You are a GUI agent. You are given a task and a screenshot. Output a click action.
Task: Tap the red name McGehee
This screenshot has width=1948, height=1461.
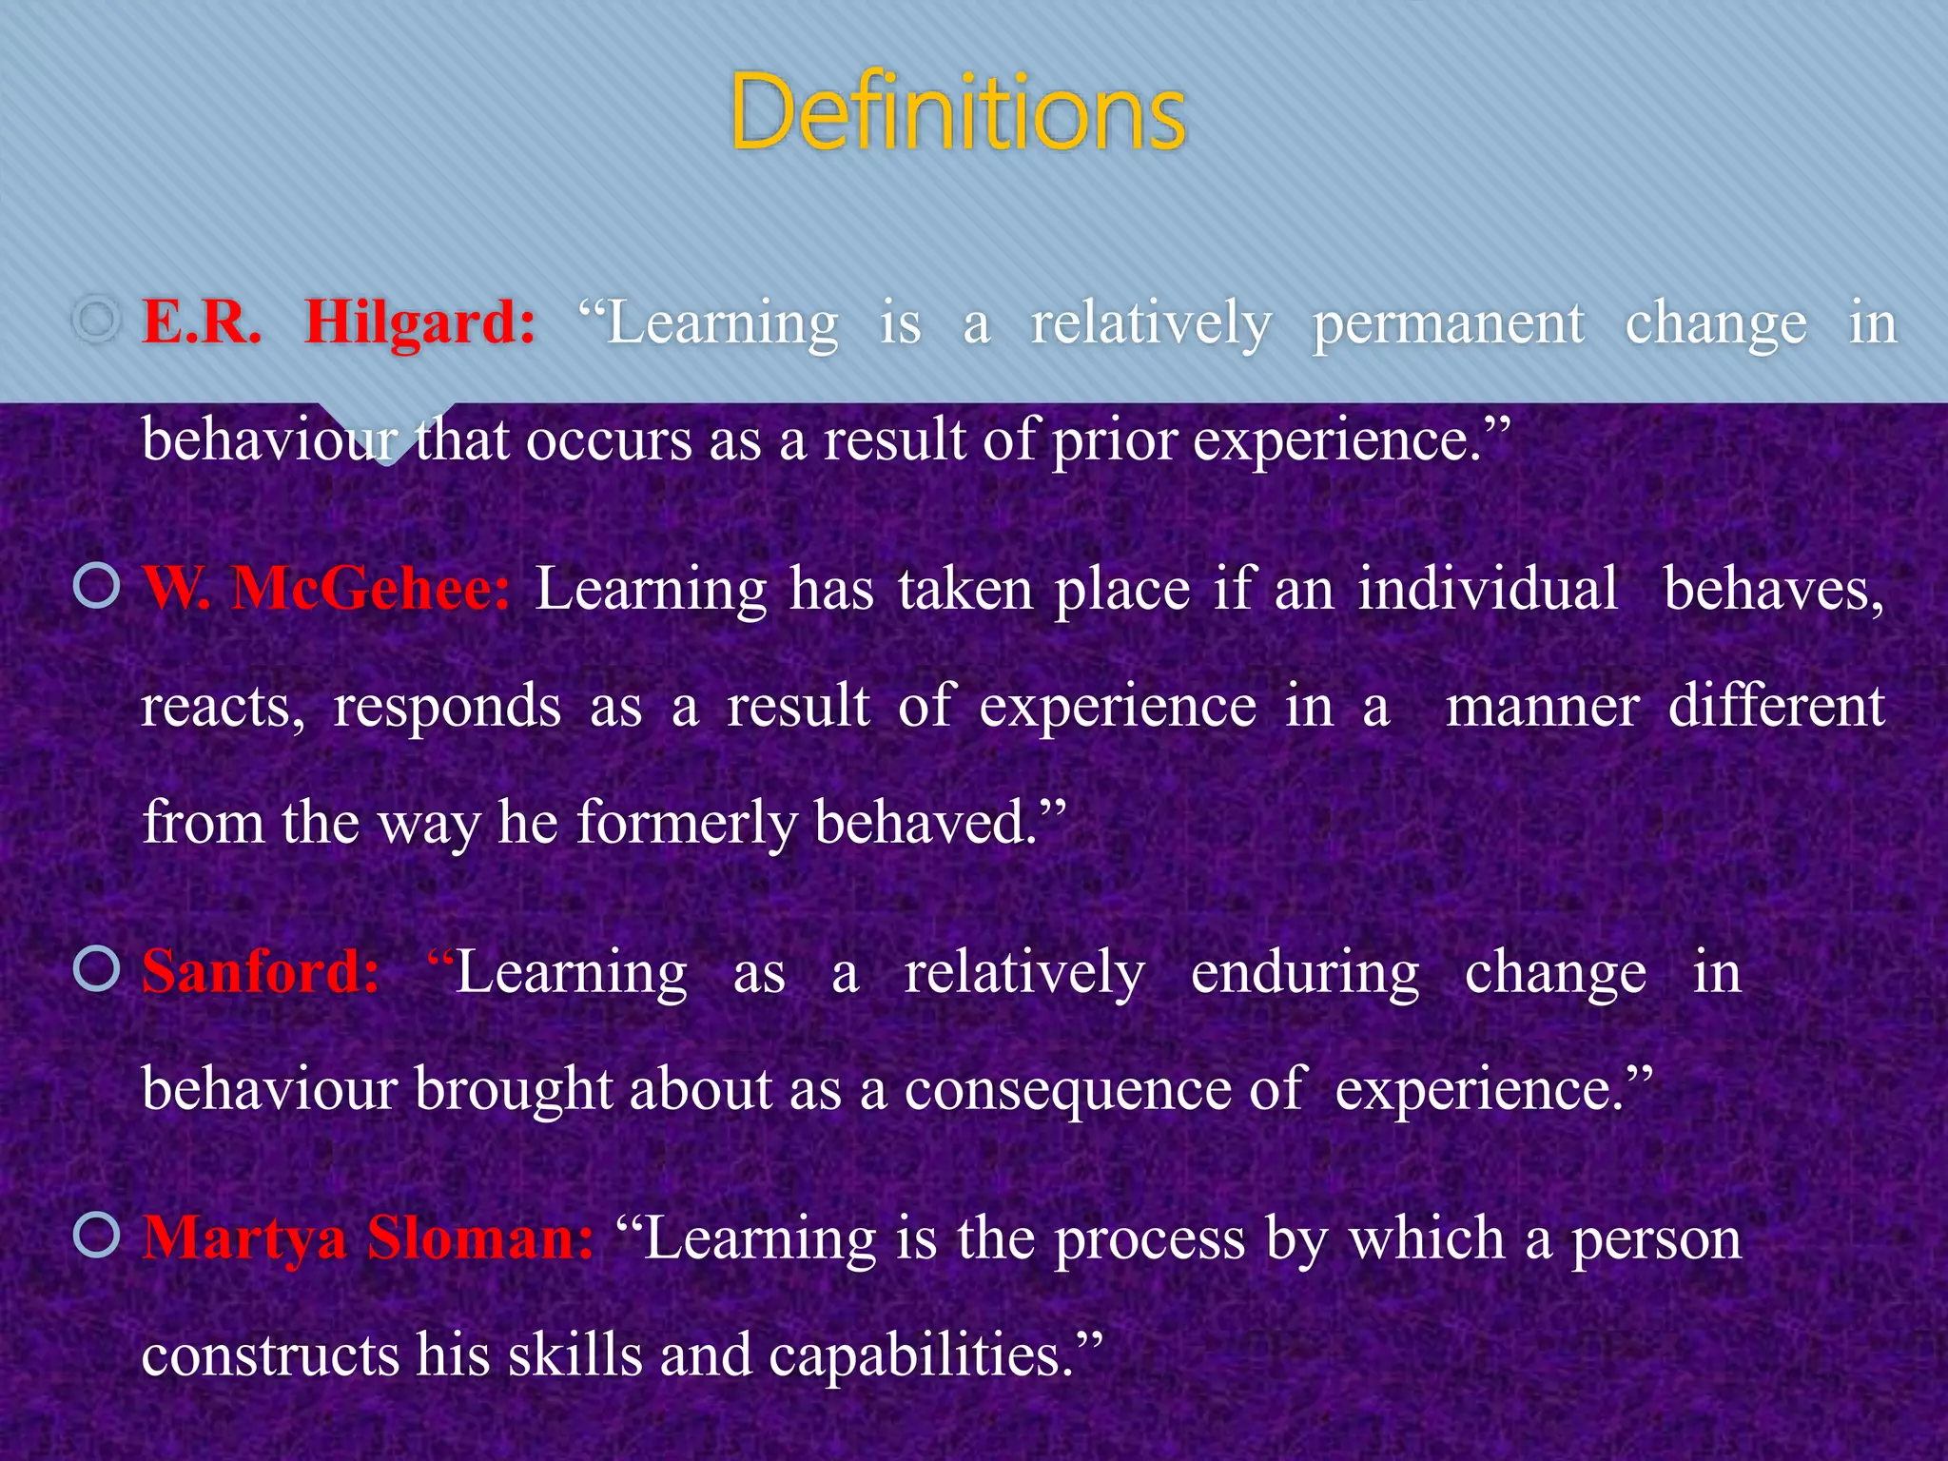point(371,590)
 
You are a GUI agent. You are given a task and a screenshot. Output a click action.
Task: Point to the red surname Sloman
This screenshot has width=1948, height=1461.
point(480,1238)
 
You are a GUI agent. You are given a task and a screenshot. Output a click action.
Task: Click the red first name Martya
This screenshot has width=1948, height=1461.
point(244,1240)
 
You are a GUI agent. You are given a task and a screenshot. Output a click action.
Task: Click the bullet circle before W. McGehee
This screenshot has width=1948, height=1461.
point(97,586)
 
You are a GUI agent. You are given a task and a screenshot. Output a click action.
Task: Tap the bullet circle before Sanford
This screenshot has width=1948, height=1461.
point(97,969)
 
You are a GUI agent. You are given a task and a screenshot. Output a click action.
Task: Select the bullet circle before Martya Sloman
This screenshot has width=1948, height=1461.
point(97,1236)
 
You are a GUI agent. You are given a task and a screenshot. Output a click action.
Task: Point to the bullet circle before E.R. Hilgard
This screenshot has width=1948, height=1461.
point(97,321)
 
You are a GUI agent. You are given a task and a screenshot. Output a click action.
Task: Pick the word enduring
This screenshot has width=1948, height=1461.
point(1305,974)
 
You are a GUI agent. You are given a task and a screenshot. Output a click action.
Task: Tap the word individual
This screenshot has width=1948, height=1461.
point(1488,590)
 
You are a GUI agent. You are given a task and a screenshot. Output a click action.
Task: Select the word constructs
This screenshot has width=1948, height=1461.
point(270,1354)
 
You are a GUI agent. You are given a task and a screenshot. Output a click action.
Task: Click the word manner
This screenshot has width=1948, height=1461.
point(1542,708)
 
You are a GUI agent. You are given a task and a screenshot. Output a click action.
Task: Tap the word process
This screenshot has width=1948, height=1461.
point(1149,1240)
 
